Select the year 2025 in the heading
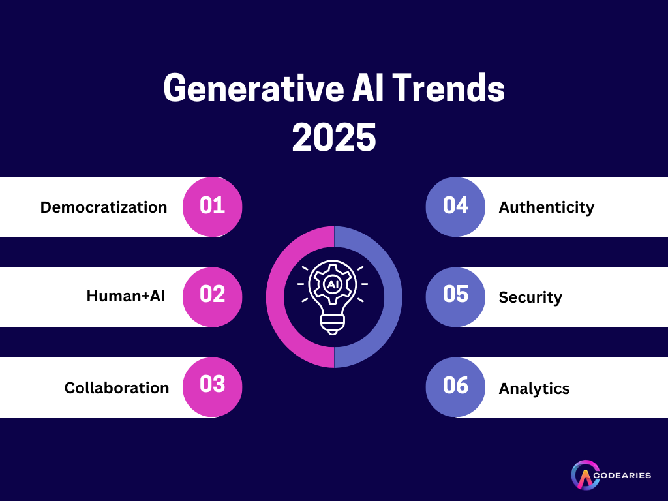coord(334,137)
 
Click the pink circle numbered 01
coord(212,207)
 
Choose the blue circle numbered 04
coord(455,207)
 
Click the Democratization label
coord(104,207)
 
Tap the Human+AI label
coord(126,296)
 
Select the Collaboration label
coord(116,388)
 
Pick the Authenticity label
coord(547,207)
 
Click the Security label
coord(530,297)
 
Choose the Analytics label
coord(534,389)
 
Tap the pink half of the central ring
coord(277,297)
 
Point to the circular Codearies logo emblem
coord(584,476)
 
